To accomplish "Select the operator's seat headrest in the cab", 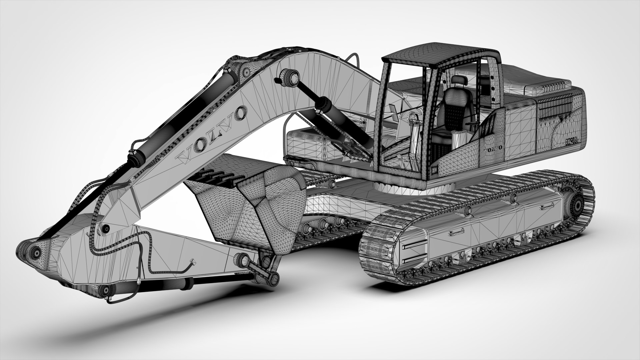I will pyautogui.click(x=458, y=80).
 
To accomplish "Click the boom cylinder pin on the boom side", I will pyautogui.click(x=287, y=76).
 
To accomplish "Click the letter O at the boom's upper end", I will pyautogui.click(x=239, y=113).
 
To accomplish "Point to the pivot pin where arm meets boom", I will pyautogui.click(x=106, y=229).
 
